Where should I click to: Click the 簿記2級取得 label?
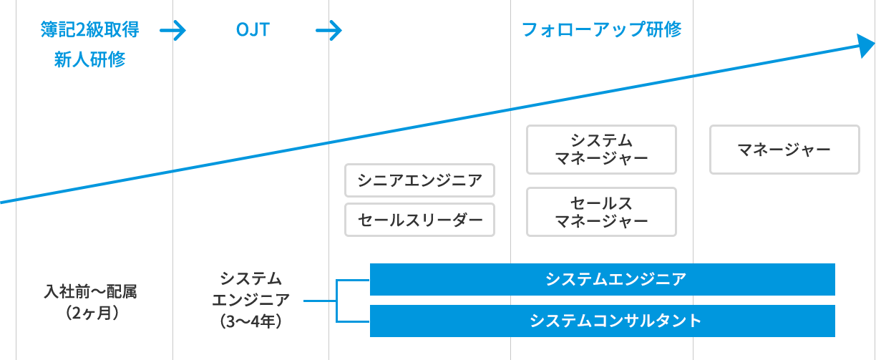pyautogui.click(x=90, y=30)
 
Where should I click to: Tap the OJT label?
pyautogui.click(x=252, y=30)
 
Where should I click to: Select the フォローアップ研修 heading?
pyautogui.click(x=601, y=30)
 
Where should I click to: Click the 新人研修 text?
pyautogui.click(x=91, y=60)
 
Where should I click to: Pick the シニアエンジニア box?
pyautogui.click(x=419, y=180)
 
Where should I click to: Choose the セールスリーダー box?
pyautogui.click(x=419, y=220)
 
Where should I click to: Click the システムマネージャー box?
pyautogui.click(x=601, y=149)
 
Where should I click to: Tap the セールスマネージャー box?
pyautogui.click(x=601, y=211)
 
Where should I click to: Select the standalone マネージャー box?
pyautogui.click(x=784, y=150)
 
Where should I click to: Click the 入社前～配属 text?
pyautogui.click(x=90, y=292)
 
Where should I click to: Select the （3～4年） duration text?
pyautogui.click(x=251, y=320)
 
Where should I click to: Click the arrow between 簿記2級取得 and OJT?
pyautogui.click(x=172, y=30)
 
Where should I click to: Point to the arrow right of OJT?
pyautogui.click(x=328, y=30)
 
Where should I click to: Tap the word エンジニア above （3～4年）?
pyautogui.click(x=251, y=299)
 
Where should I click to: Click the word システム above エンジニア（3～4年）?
pyautogui.click(x=251, y=279)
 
